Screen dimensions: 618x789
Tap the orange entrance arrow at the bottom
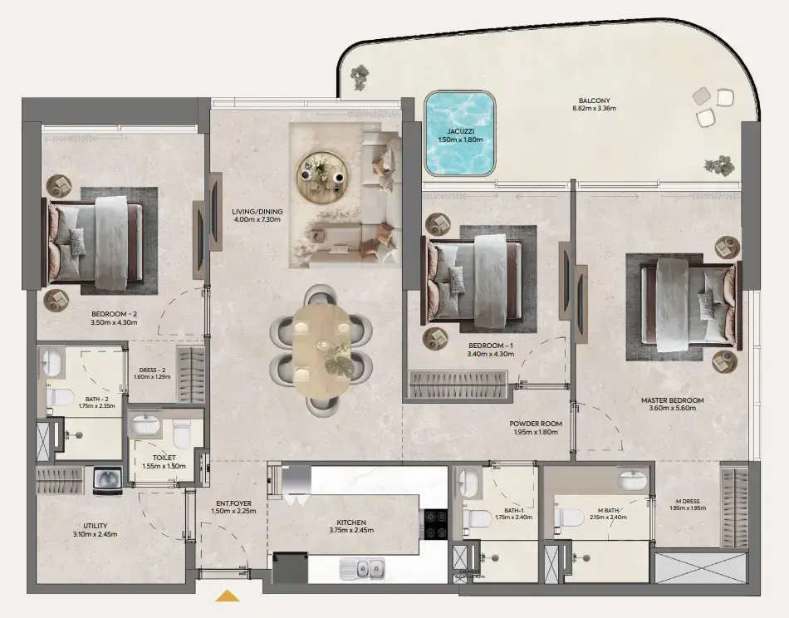pos(227,595)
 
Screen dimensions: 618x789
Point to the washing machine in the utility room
pos(107,481)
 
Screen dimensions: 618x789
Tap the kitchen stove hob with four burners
pos(434,524)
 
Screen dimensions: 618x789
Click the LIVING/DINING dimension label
pos(257,217)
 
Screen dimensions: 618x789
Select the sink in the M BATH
pos(632,481)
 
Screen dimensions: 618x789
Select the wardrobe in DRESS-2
pos(191,375)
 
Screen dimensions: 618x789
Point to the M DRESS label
pos(689,503)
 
